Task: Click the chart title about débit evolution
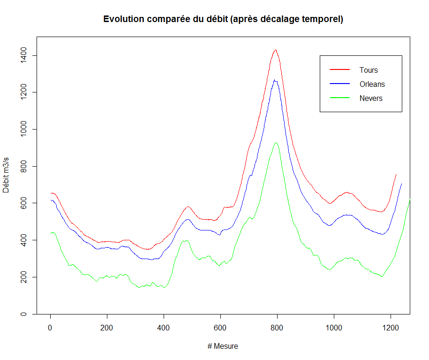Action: [223, 19]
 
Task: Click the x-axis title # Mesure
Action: [223, 346]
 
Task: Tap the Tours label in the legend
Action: [369, 70]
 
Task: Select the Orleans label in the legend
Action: [372, 84]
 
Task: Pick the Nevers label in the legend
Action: [371, 98]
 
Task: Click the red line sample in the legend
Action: [340, 70]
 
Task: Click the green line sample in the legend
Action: [340, 98]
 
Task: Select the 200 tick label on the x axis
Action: [107, 327]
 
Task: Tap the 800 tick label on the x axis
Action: [277, 327]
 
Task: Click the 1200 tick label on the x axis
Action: [391, 327]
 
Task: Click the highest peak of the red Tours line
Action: [276, 50]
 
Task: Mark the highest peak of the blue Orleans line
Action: [275, 80]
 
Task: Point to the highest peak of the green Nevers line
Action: [276, 143]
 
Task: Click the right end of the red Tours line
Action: [396, 174]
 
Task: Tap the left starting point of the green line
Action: [51, 233]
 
